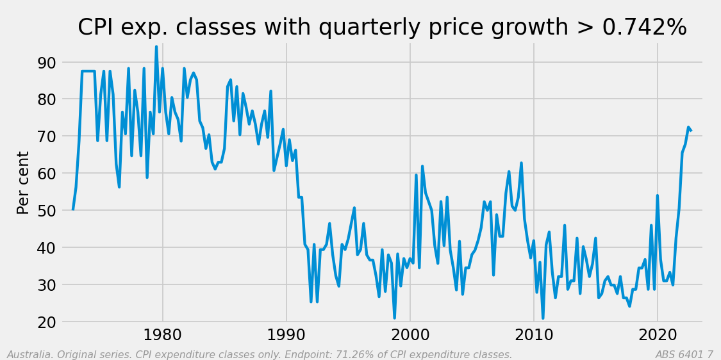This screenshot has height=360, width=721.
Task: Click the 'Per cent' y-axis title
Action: [x=24, y=183]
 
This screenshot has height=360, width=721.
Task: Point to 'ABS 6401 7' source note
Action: [x=684, y=355]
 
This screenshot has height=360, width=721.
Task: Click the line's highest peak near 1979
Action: [x=156, y=46]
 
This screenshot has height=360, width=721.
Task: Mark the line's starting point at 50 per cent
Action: [x=73, y=209]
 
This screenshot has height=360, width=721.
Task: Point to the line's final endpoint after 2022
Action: [x=691, y=131]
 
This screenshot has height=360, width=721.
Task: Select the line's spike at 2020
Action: [x=658, y=196]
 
